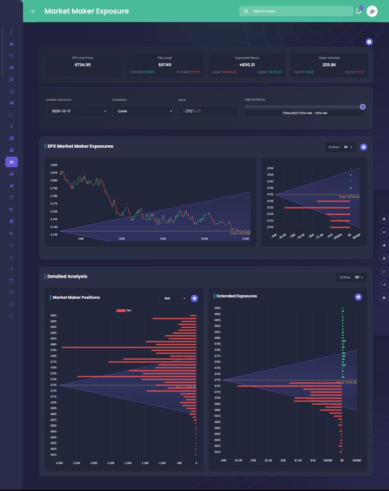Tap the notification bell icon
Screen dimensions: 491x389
[x=358, y=11]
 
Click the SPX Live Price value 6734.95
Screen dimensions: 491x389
[x=83, y=65]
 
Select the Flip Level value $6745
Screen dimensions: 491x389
[x=165, y=65]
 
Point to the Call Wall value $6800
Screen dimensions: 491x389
[x=149, y=72]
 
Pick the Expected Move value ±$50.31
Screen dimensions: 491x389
[x=247, y=65]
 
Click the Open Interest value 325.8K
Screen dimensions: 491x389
[x=329, y=65]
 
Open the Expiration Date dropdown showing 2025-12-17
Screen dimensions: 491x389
[x=77, y=111]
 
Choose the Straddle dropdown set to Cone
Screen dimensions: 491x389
[x=142, y=111]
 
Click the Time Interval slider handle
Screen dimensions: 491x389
[x=362, y=107]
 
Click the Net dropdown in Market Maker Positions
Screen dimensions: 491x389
[x=173, y=298]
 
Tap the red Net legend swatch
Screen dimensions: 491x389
[x=121, y=311]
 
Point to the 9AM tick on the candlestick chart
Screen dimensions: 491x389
[x=163, y=239]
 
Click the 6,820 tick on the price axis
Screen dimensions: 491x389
[x=54, y=165]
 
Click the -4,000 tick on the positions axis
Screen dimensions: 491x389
[x=59, y=463]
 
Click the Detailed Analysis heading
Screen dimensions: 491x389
[x=67, y=277]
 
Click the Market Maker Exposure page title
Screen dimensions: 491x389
[x=86, y=11]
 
